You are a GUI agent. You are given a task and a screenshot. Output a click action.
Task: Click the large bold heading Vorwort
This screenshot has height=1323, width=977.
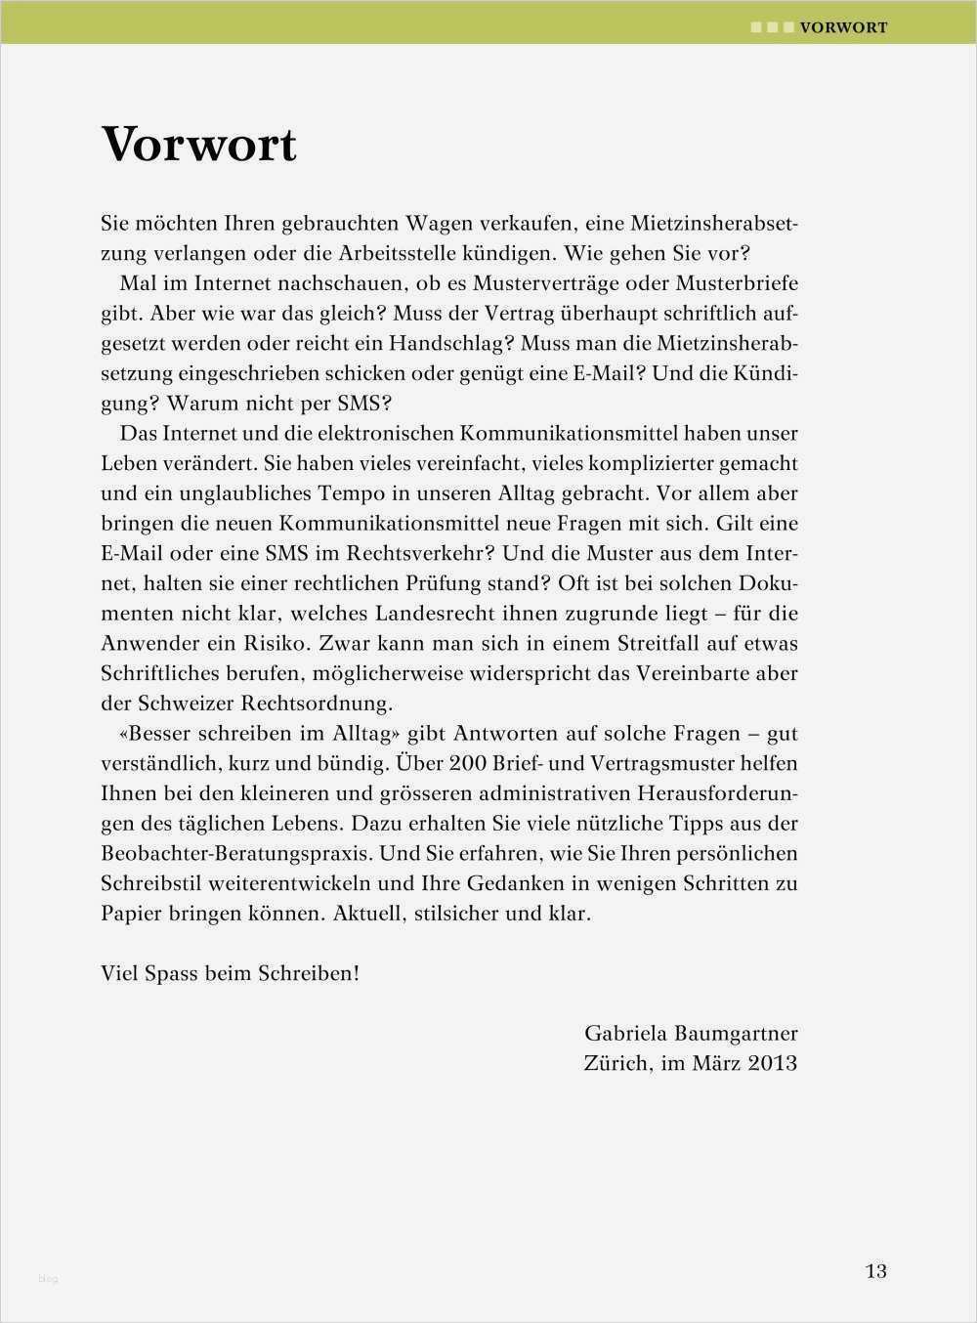(199, 145)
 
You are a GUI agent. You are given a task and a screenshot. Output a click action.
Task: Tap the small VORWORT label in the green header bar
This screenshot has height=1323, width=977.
(843, 27)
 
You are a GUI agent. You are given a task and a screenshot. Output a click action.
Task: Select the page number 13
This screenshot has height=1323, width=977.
(875, 1270)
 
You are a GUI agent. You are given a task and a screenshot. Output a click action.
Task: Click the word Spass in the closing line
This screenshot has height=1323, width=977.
(171, 974)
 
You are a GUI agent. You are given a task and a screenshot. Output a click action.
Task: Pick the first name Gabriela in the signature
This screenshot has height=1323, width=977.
(627, 1033)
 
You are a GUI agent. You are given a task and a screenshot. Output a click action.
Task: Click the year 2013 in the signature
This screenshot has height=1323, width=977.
(773, 1063)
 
